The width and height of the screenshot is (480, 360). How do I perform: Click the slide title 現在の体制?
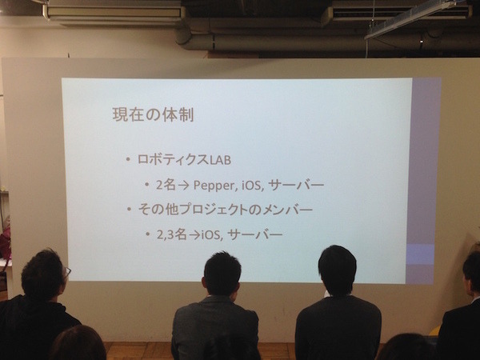[x=152, y=114]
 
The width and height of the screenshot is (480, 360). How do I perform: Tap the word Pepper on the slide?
[x=217, y=185]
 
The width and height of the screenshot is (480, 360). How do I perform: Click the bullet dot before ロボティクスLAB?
[x=128, y=159]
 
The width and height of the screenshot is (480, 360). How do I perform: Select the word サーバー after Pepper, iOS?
[x=295, y=185]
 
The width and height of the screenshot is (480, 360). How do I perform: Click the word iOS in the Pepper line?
[x=253, y=185]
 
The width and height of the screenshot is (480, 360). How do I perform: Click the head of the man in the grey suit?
[x=221, y=274]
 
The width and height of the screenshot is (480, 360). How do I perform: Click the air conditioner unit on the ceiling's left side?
[x=114, y=11]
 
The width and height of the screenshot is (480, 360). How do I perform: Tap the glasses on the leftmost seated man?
[x=67, y=271]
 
